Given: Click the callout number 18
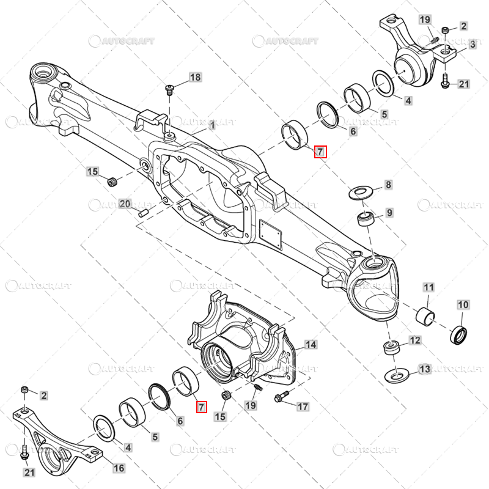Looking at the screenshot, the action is pos(195,78).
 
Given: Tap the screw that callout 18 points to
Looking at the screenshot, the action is pos(169,90).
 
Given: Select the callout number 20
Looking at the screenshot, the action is pos(125,204).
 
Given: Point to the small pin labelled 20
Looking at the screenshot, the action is pos(143,213).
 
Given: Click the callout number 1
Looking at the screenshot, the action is pos(212,125).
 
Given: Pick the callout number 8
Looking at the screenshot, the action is pos(388,185).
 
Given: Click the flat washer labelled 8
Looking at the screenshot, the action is pos(361,193).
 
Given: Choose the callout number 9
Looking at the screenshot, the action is pos(389,213).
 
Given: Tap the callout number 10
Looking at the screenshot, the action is pos(463,304).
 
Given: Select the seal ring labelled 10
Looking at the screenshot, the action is pos(459,334).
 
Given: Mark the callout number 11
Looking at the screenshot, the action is pos(428,287).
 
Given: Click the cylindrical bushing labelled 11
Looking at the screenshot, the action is pos(425,317).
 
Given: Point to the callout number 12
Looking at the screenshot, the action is pos(415,340).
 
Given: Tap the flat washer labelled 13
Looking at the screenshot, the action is pos(397,375).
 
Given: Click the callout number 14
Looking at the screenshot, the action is pos(311,345).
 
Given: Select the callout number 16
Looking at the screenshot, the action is pos(119,468).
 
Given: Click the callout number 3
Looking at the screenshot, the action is pos(472,44).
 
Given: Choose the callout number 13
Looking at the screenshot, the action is pos(425,369).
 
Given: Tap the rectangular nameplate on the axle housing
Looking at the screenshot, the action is pos(271,234).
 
